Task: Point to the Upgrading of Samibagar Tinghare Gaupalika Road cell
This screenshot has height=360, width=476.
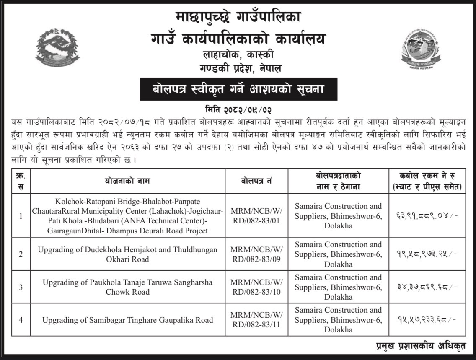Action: (x=127, y=320)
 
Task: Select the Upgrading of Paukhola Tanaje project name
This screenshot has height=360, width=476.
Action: (x=127, y=287)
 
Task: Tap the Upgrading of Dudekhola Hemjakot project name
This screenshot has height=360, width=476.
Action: (x=127, y=254)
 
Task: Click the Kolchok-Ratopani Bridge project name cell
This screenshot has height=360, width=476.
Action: (x=127, y=216)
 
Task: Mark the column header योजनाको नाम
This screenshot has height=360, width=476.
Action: (x=127, y=181)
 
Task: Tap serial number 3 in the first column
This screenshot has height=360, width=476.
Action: (x=21, y=287)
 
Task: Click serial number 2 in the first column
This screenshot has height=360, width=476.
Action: (x=21, y=254)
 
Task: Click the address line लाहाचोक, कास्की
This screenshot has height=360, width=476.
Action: (x=238, y=54)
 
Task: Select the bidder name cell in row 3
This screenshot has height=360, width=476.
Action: (x=338, y=287)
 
